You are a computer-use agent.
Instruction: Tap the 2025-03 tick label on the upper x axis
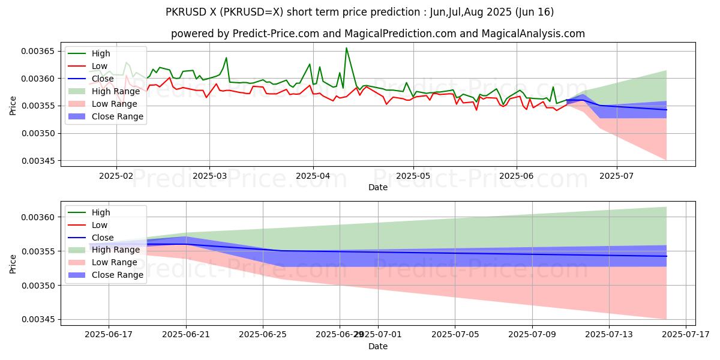pyautogui.click(x=209, y=176)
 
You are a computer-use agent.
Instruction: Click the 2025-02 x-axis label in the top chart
pyautogui.click(x=116, y=176)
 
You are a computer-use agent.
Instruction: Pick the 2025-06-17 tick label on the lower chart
pyautogui.click(x=109, y=335)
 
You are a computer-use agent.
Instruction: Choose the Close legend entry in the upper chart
pyautogui.click(x=103, y=79)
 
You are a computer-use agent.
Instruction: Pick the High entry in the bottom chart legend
pyautogui.click(x=101, y=212)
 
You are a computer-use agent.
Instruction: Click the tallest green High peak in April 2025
pyautogui.click(x=346, y=48)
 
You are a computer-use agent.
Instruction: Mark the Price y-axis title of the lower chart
pyautogui.click(x=13, y=263)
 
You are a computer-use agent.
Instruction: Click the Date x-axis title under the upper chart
pyautogui.click(x=378, y=188)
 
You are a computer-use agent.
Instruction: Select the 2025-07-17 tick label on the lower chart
pyautogui.click(x=686, y=335)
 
